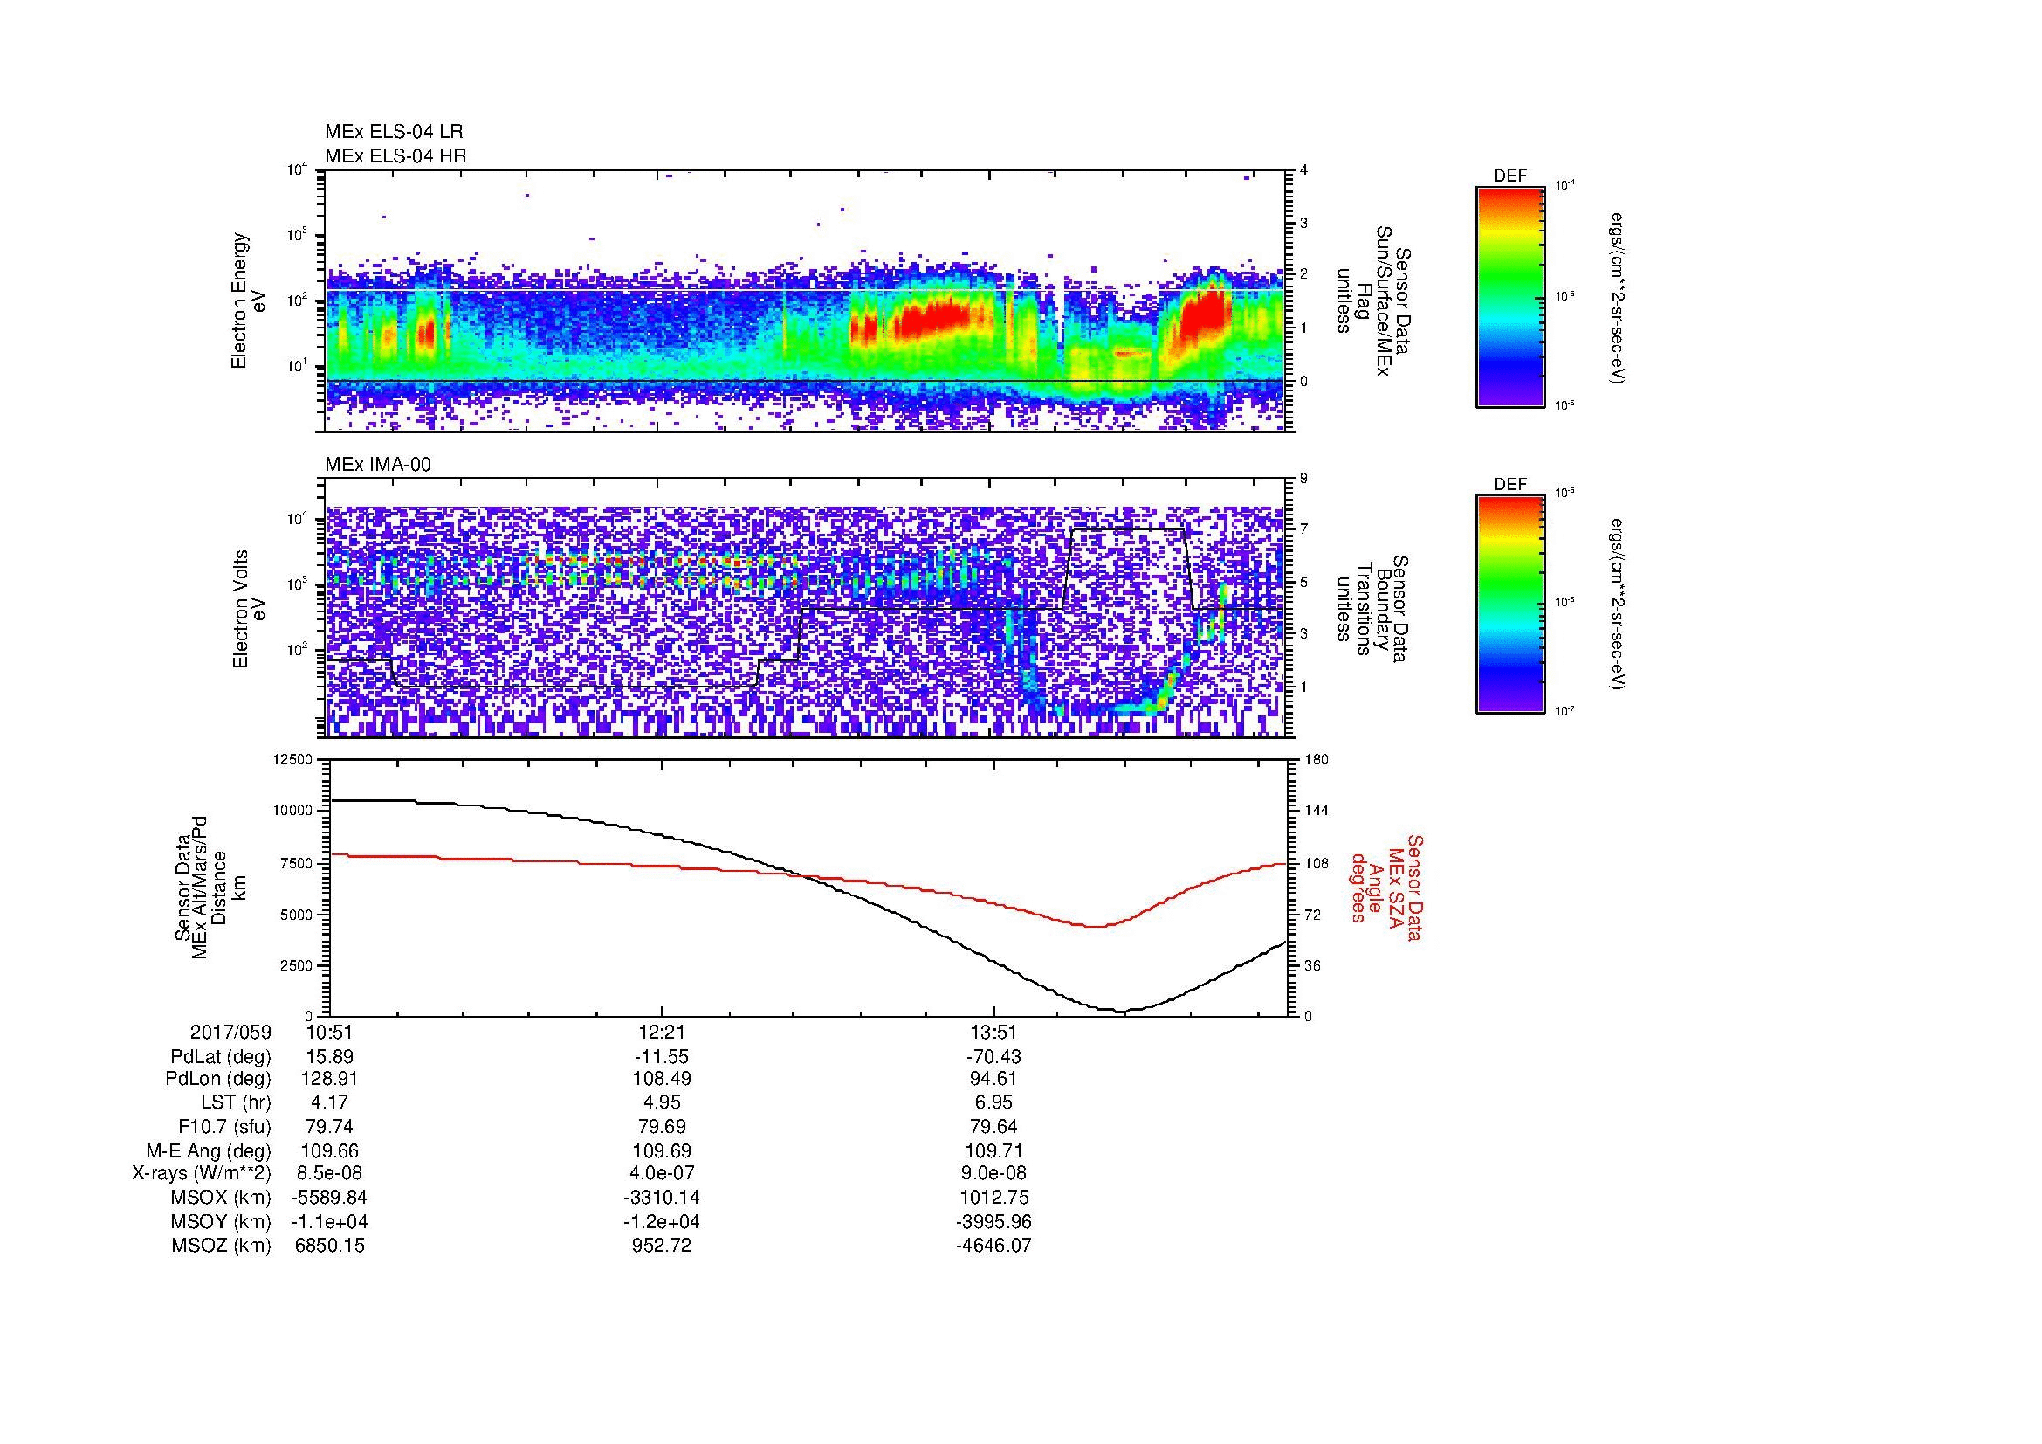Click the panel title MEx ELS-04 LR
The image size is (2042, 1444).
(x=393, y=132)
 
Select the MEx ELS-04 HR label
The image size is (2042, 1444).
(x=395, y=155)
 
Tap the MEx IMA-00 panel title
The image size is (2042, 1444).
(x=377, y=465)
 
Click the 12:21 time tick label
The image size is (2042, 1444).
(x=662, y=1032)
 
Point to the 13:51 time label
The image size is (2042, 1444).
(x=993, y=1032)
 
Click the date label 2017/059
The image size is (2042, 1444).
(x=230, y=1032)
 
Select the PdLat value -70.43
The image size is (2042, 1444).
(x=993, y=1057)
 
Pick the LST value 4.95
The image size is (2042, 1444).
(x=662, y=1103)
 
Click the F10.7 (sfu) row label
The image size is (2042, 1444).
(x=224, y=1126)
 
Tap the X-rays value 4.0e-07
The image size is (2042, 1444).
(x=662, y=1173)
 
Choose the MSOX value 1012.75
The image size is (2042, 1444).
(x=993, y=1198)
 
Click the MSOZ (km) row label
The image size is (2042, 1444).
(x=221, y=1246)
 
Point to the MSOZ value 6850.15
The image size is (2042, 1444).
(x=330, y=1246)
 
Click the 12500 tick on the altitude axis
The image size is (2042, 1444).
(x=293, y=760)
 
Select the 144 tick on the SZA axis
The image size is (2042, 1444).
(x=1316, y=811)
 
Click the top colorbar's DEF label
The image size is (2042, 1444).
(x=1509, y=176)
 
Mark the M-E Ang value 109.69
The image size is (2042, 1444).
(x=662, y=1150)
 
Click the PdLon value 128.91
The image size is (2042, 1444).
(x=330, y=1079)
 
